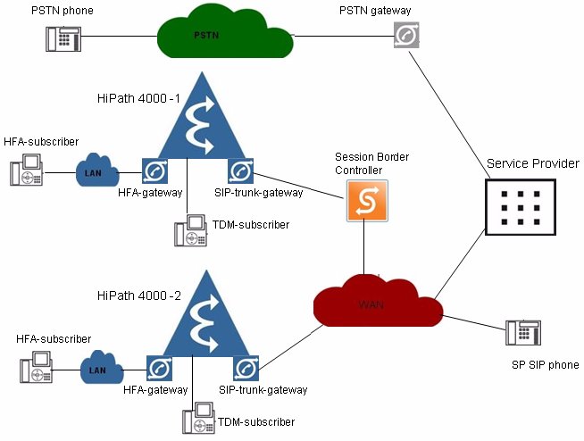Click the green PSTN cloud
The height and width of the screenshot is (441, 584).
click(x=225, y=34)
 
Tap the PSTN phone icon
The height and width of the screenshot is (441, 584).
click(x=63, y=38)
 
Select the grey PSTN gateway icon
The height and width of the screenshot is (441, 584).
click(x=406, y=35)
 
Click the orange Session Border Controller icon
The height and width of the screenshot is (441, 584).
click(x=367, y=201)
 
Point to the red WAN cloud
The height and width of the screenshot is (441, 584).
click(x=378, y=302)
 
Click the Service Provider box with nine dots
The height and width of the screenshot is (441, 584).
click(x=521, y=207)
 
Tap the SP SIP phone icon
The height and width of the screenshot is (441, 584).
click(x=523, y=333)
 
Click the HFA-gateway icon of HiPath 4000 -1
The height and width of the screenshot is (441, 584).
click(x=155, y=171)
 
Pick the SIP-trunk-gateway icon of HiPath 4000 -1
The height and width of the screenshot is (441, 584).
click(x=240, y=171)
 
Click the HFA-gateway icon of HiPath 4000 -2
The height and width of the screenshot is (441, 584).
click(x=160, y=369)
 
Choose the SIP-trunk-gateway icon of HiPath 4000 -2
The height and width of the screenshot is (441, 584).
click(x=246, y=369)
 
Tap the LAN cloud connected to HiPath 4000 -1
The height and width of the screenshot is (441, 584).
click(x=97, y=170)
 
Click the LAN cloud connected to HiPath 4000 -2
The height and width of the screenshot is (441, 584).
click(x=102, y=367)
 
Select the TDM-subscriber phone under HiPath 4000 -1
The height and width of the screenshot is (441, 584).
click(x=191, y=230)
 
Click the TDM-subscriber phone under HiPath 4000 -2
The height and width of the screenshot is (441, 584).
click(x=199, y=418)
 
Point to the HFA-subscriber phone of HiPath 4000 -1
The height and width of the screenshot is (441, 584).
click(x=27, y=170)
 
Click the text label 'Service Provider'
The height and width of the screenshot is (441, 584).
click(x=533, y=163)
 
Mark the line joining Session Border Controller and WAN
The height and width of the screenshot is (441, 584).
click(x=363, y=248)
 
